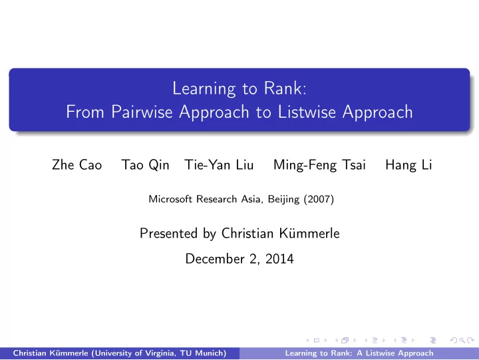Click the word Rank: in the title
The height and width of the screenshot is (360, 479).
(285, 89)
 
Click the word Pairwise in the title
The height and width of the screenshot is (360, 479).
(142, 112)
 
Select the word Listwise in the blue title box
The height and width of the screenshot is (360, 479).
(307, 112)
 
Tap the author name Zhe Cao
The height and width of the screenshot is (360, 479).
(77, 165)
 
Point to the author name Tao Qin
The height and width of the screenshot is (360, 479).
(146, 165)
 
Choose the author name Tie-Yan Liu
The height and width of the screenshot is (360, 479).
(219, 165)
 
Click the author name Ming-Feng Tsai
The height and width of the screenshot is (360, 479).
(319, 165)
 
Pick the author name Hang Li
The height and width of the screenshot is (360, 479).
(408, 165)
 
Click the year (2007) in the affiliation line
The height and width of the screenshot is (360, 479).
(319, 199)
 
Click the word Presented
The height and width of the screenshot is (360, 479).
(168, 234)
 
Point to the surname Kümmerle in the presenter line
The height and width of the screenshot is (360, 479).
(309, 234)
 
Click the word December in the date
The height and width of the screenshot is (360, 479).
(215, 259)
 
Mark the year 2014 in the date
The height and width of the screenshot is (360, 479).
(279, 259)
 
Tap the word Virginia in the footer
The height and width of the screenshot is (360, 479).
(161, 353)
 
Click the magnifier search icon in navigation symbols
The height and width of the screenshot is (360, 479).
(462, 340)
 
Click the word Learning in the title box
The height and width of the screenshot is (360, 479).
(204, 89)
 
